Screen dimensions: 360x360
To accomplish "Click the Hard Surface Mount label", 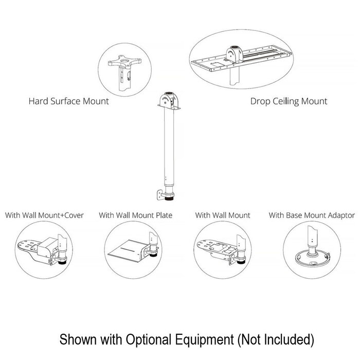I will [68, 101].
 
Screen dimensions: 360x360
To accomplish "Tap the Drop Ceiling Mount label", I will [289, 101].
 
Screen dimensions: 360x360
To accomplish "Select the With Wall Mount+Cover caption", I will [44, 215].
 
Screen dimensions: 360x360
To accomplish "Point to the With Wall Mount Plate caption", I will [135, 215].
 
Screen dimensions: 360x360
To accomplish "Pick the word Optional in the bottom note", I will [154, 339].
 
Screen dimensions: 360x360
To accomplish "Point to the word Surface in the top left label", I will [66, 101].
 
